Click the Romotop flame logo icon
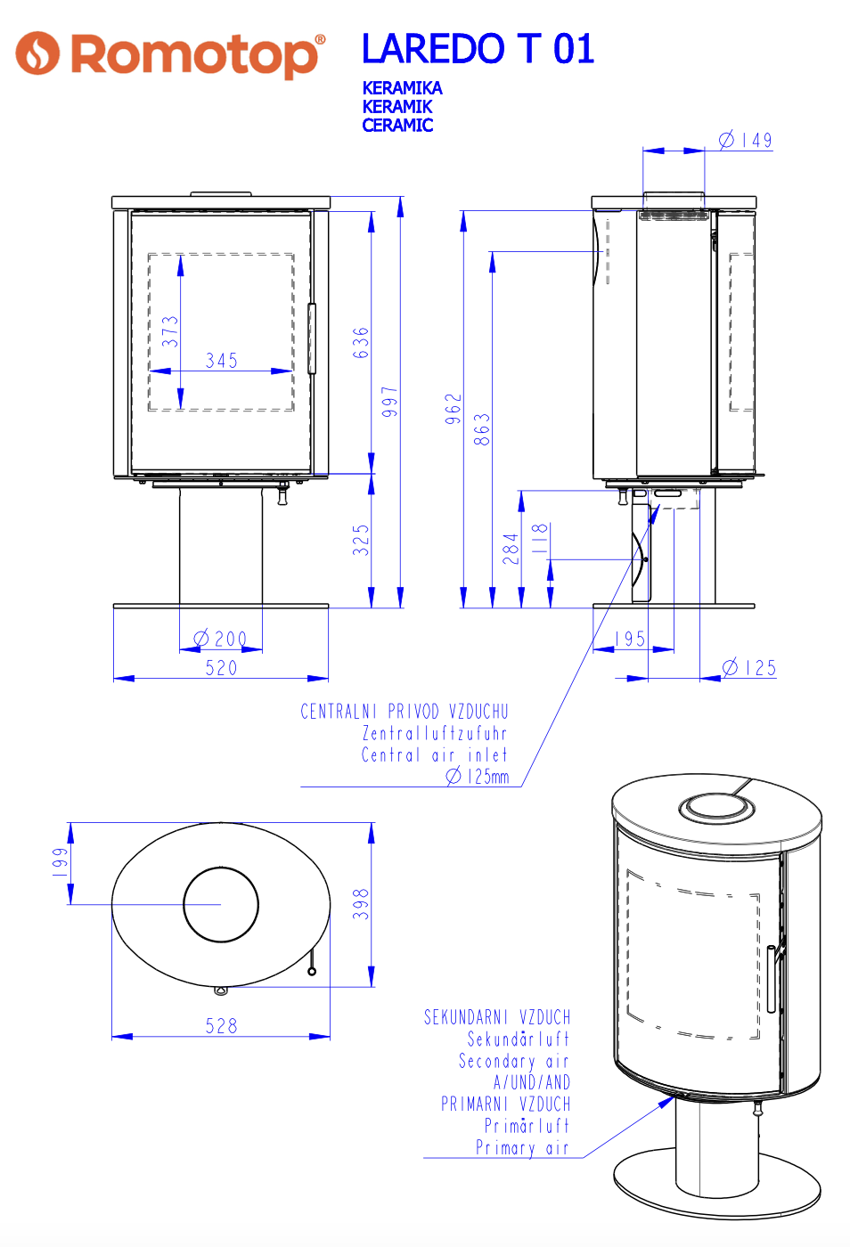[x=37, y=53]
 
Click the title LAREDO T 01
[x=478, y=49]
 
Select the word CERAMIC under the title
[x=397, y=126]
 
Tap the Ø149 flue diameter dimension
[x=746, y=140]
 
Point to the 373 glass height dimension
[x=170, y=331]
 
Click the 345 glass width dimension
[x=222, y=361]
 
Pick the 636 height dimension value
[x=361, y=342]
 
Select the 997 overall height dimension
[x=390, y=402]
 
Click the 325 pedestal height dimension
[x=361, y=540]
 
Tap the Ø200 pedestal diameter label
[x=220, y=639]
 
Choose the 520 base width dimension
[x=222, y=668]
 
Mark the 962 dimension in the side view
[x=454, y=409]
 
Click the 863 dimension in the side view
[x=482, y=429]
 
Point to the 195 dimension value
[x=630, y=639]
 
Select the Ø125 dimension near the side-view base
[x=748, y=668]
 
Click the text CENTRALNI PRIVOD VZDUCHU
[x=405, y=712]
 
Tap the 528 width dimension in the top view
[x=222, y=1026]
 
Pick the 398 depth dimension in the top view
[x=361, y=903]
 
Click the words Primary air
[x=522, y=1147]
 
